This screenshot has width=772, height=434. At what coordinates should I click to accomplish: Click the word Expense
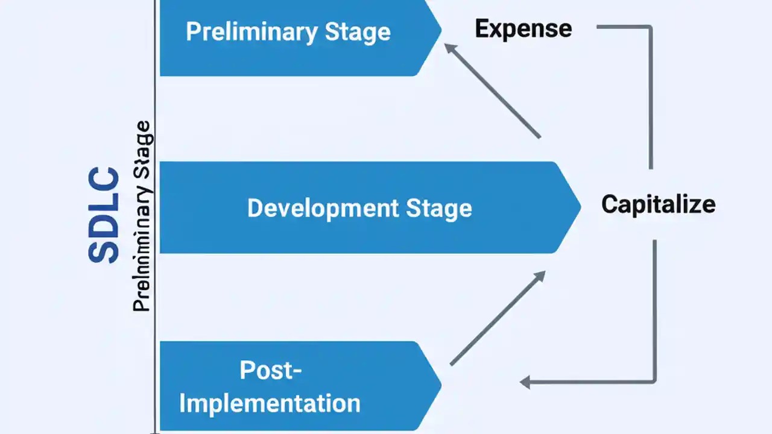click(523, 29)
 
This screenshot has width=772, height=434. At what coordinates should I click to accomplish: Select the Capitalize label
click(658, 204)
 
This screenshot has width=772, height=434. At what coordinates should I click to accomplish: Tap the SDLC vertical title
click(104, 215)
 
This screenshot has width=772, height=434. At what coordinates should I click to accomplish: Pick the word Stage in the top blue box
click(358, 31)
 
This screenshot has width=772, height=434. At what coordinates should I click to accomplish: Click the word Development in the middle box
click(323, 208)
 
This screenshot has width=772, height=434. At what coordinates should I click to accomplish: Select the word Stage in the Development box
click(438, 208)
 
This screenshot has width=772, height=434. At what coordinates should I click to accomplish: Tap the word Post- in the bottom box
click(271, 370)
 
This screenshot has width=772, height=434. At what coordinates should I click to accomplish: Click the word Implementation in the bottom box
click(270, 403)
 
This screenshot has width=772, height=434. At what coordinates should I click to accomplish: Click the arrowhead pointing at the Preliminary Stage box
click(449, 47)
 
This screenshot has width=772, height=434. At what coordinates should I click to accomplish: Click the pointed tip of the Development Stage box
click(578, 207)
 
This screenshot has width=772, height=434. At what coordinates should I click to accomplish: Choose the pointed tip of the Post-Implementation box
click(440, 385)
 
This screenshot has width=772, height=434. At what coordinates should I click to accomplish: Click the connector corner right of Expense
click(651, 27)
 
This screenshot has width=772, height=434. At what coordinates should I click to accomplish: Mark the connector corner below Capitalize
click(654, 381)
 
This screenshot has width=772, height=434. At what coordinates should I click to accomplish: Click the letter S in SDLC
click(104, 251)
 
